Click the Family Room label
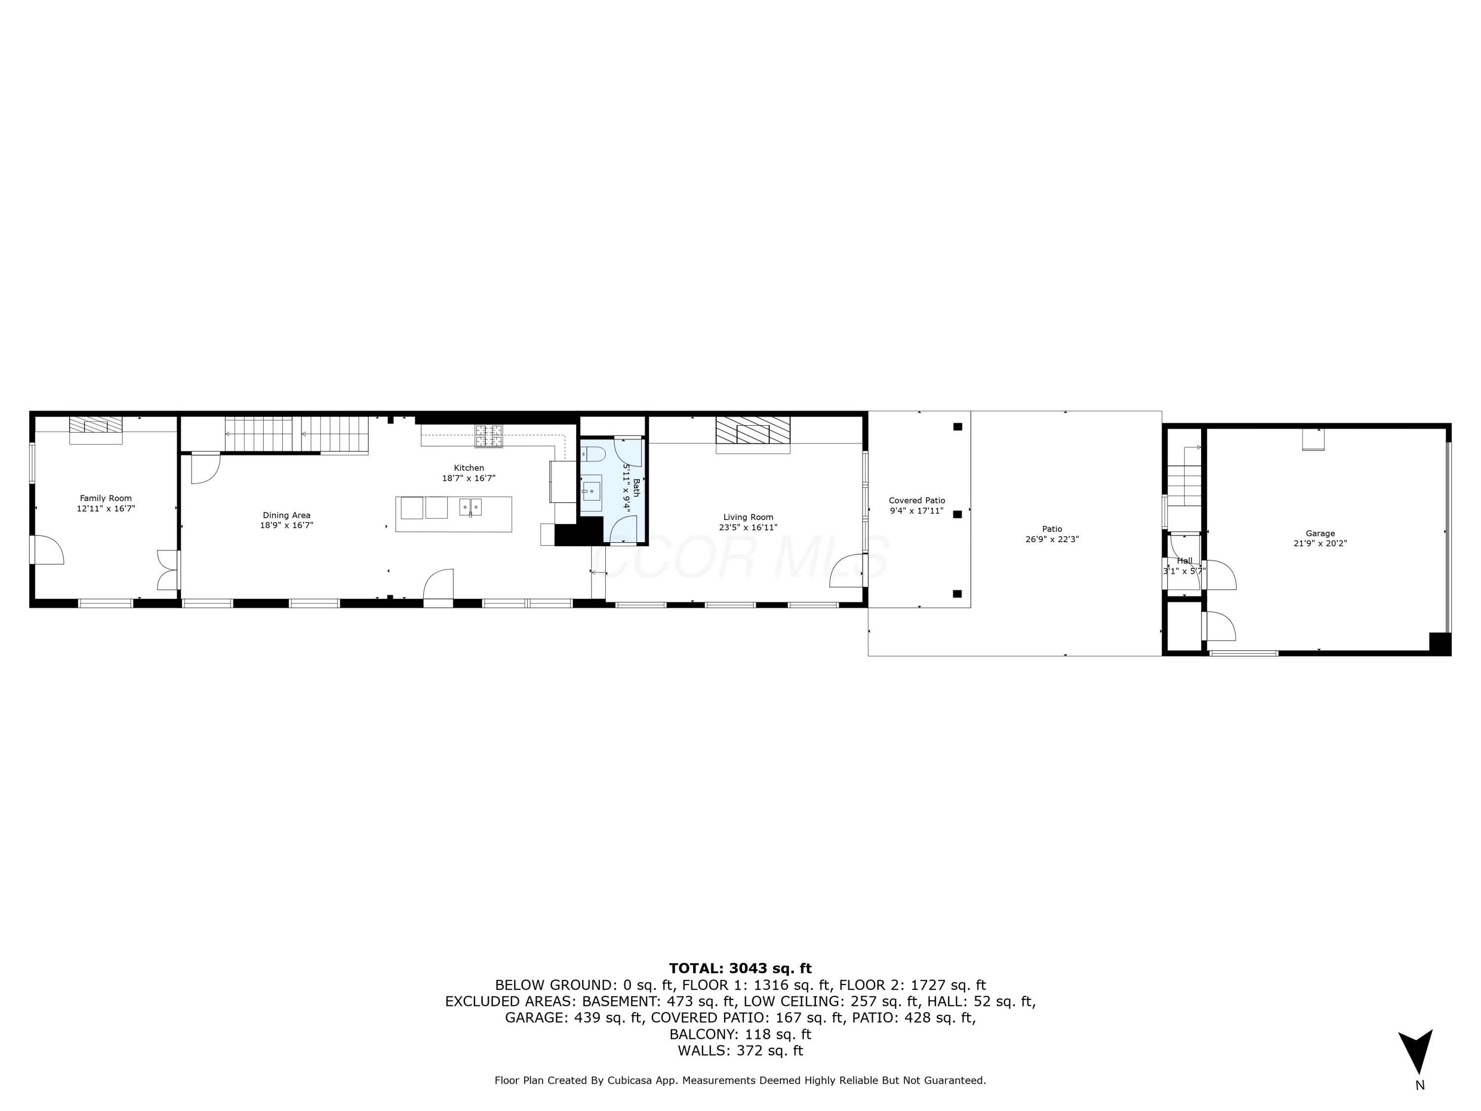pyautogui.click(x=106, y=498)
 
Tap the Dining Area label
pyautogui.click(x=286, y=515)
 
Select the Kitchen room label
pyautogui.click(x=468, y=468)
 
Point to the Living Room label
pyautogui.click(x=748, y=517)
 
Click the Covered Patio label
pyautogui.click(x=917, y=500)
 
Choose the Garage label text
pyautogui.click(x=1320, y=534)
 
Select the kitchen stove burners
pyautogui.click(x=489, y=436)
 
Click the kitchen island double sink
pyautogui.click(x=470, y=507)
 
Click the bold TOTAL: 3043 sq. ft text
pyautogui.click(x=740, y=968)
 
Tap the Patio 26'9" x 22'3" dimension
pyautogui.click(x=1052, y=539)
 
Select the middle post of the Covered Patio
pyautogui.click(x=957, y=515)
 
